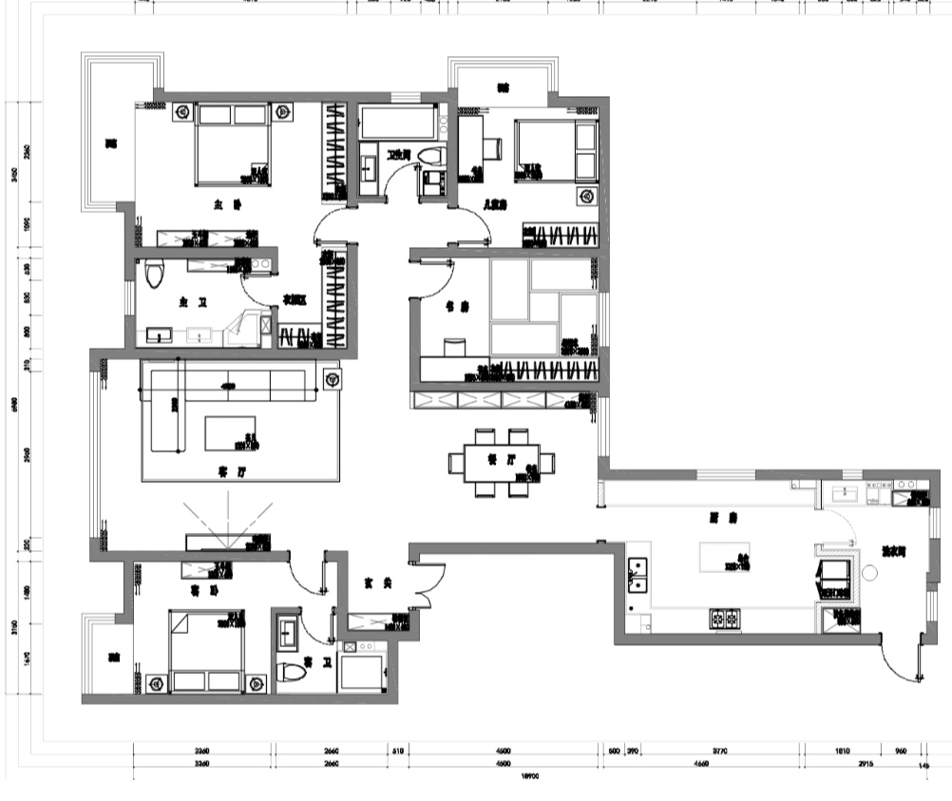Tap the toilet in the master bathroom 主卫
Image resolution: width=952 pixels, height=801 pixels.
point(156,273)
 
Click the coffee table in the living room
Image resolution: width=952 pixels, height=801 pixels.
point(231,432)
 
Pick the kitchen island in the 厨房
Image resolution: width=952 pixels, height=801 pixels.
point(724,556)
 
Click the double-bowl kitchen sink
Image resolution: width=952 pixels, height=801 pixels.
point(638,574)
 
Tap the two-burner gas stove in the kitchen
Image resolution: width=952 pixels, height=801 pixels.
point(725,620)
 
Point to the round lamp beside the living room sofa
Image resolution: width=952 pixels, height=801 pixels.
point(331,379)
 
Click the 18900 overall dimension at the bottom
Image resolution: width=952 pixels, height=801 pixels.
point(531,775)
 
